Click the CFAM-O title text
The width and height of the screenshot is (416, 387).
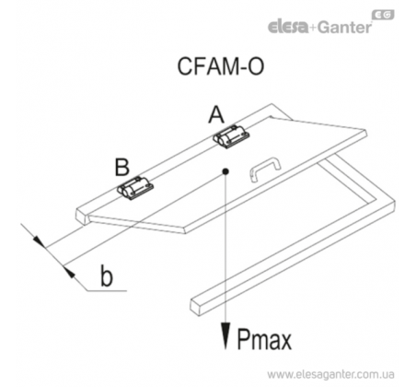[221, 66]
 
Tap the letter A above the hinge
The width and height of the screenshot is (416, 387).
[216, 114]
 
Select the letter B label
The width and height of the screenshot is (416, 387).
[122, 167]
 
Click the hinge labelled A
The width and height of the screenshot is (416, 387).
[231, 136]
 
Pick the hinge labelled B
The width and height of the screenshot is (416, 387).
[135, 188]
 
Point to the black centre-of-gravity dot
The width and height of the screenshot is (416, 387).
[225, 171]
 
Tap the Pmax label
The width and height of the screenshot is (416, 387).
[264, 339]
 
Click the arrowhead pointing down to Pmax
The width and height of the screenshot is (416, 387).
[225, 335]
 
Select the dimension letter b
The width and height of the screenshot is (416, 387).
[107, 276]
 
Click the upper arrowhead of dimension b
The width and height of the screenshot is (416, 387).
[39, 241]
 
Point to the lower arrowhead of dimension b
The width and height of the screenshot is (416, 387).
[70, 273]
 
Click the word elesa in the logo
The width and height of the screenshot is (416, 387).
[288, 27]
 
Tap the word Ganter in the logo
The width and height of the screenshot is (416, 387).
[344, 28]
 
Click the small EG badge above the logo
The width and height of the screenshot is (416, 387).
[383, 15]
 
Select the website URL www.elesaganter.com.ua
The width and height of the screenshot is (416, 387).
[330, 375]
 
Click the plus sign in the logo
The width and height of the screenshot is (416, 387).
[313, 29]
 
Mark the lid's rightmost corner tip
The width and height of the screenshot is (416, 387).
[366, 132]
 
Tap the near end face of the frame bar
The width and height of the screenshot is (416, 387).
[196, 306]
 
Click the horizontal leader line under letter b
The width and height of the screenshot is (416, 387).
[107, 290]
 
